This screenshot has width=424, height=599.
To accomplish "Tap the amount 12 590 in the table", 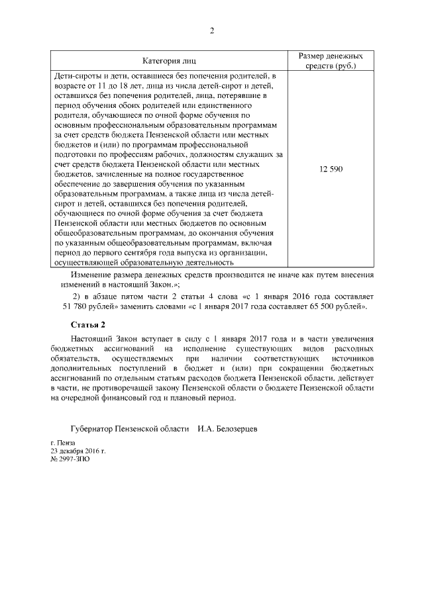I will coord(331,169).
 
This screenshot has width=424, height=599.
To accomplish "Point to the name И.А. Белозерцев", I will coord(227,429).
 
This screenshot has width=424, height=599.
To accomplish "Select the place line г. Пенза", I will coord(63,443).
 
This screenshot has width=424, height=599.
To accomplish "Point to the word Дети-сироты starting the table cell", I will coord(75,77).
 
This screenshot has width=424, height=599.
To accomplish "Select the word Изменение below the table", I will coord(92,274).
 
